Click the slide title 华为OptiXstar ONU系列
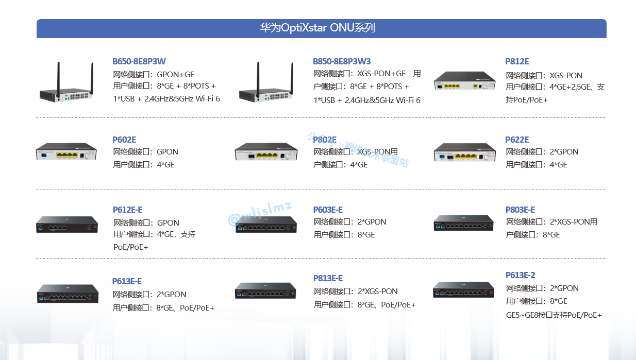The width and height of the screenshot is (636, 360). [317, 28]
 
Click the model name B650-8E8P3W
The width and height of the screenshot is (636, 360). [139, 61]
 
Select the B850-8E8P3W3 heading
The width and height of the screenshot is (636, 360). [342, 61]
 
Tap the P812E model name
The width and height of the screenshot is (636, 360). [517, 61]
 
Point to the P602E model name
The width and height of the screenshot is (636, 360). [124, 140]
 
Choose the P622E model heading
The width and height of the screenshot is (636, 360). [517, 140]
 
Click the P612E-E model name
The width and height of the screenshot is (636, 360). [127, 210]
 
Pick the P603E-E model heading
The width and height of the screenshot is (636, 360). [328, 210]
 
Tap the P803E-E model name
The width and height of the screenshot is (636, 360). [520, 210]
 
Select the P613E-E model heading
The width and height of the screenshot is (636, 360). [127, 281]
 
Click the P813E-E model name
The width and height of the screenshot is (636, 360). [328, 278]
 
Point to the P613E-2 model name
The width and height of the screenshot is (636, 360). [520, 275]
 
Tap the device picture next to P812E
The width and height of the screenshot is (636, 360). [464, 81]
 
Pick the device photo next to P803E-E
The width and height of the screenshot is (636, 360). [463, 223]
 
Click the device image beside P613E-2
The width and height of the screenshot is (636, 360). [463, 290]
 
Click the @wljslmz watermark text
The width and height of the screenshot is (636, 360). [260, 214]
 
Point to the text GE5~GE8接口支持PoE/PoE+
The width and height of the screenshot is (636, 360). [554, 315]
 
